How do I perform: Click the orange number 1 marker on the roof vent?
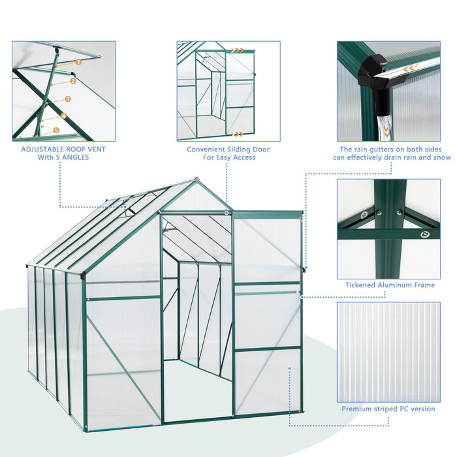coord(78,62)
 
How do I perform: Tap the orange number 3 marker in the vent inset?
coord(68,99)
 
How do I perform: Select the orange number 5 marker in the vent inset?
coord(55,131)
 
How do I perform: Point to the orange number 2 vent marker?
coord(73,81)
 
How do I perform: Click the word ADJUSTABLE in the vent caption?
coord(43,149)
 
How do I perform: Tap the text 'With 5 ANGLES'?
coord(63,157)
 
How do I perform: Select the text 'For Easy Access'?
coord(228,157)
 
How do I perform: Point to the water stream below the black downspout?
coord(385,121)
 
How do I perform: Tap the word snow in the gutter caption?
coord(441,157)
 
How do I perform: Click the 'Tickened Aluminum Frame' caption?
coord(390,285)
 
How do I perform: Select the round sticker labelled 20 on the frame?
coord(364,214)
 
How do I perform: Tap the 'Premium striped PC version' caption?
coord(388,409)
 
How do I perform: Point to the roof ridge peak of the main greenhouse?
coord(196,179)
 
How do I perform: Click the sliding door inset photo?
coord(228,91)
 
